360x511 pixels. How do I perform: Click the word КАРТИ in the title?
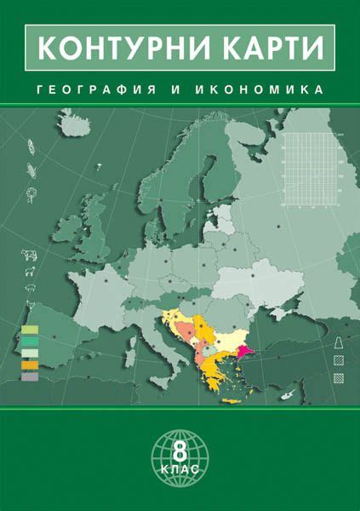coord(270,48)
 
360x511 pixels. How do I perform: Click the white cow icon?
coord(28,254)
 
